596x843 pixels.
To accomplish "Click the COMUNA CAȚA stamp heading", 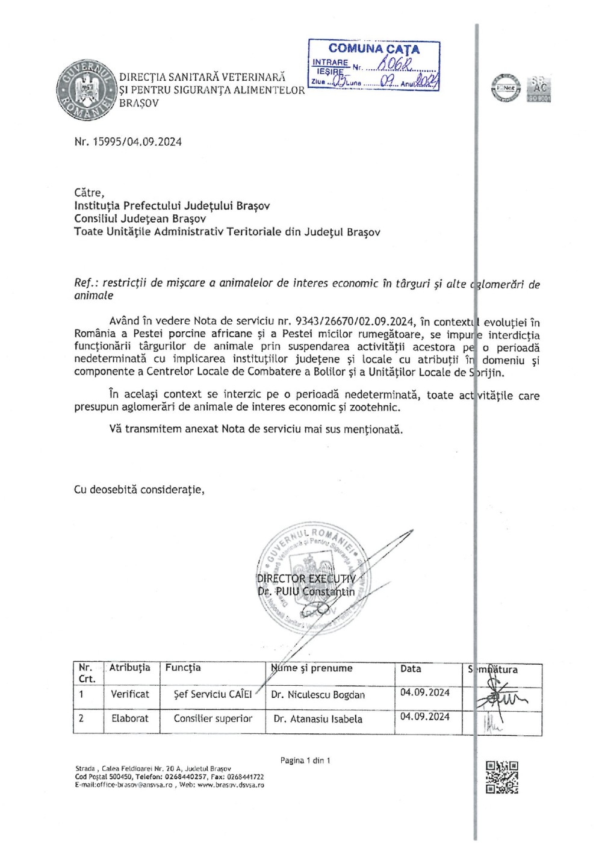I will [x=374, y=49].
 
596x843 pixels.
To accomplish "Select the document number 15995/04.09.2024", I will [x=128, y=142].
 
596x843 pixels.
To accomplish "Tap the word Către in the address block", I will [x=89, y=193].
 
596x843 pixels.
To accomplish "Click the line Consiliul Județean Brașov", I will [x=140, y=219].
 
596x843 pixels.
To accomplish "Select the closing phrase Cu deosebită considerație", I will [x=139, y=489].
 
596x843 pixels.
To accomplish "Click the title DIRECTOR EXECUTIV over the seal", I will [x=306, y=579].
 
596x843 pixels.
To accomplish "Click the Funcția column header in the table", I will [x=183, y=668].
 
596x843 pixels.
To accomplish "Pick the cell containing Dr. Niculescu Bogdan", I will [x=318, y=694].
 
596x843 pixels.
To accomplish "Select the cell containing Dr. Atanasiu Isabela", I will [x=318, y=719].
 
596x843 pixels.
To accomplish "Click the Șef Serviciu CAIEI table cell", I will [x=213, y=694].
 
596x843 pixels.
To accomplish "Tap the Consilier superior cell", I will [x=213, y=718].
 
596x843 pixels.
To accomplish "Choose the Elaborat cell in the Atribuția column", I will [x=129, y=718].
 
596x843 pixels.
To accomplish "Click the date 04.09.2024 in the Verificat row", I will [x=425, y=692].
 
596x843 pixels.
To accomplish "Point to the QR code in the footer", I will [x=501, y=777].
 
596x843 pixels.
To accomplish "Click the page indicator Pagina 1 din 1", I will [x=305, y=761].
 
